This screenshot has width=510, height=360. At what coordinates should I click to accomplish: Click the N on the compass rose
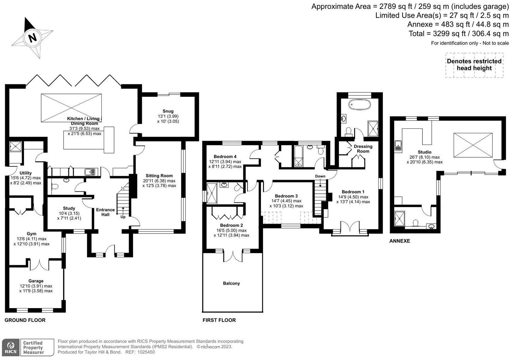[x=32, y=37]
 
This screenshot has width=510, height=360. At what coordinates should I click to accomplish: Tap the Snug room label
[x=168, y=111]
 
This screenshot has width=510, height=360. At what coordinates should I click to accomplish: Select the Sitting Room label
[x=159, y=176]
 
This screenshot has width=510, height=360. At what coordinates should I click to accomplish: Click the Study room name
[x=69, y=208]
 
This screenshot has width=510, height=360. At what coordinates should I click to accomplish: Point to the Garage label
[x=36, y=281]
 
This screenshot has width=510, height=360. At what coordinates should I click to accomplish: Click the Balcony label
[x=231, y=283]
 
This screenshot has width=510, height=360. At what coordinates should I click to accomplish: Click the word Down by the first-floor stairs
[x=320, y=176]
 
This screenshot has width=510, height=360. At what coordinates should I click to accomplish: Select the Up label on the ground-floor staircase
[x=123, y=217]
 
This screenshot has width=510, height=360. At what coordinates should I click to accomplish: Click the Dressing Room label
[x=363, y=149]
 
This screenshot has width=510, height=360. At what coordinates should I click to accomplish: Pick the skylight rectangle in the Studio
[x=473, y=145]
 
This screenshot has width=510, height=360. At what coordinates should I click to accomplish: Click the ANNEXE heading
[x=399, y=241]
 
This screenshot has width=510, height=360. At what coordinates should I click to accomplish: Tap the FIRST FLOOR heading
[x=219, y=320]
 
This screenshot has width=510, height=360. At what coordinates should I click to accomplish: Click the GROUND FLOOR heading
[x=25, y=320]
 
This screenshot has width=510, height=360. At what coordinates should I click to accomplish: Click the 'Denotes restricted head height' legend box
[x=474, y=65]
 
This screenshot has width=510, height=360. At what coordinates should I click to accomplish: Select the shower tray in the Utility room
[x=15, y=147]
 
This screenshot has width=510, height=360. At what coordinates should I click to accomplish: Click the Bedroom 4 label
[x=225, y=157]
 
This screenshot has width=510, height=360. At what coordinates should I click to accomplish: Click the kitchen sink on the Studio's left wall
[x=398, y=146]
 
